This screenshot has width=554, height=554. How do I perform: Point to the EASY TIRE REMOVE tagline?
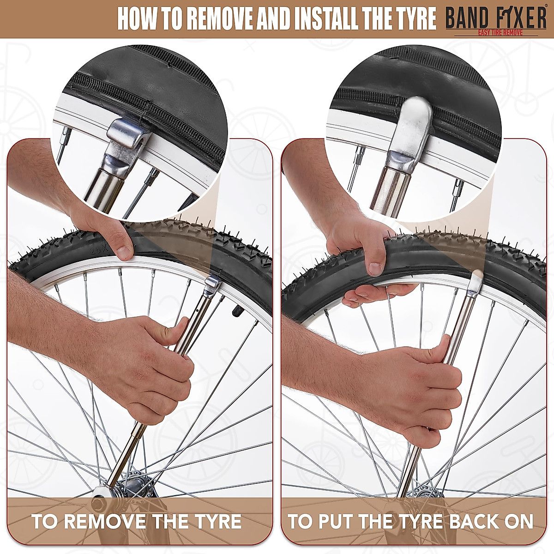point(496,33)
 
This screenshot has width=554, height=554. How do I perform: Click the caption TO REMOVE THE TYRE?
point(137,521)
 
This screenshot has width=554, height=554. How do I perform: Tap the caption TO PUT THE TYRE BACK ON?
point(411,521)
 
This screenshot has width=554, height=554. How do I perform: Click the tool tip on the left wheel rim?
point(213,283)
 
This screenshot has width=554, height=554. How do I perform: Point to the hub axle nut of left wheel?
point(99,501)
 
